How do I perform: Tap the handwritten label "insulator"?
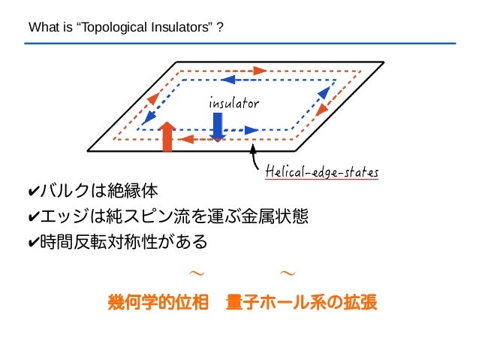(233, 103)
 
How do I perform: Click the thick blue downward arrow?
(218, 126)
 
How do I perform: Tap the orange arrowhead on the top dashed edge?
(260, 71)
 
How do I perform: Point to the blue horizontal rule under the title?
(239, 44)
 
